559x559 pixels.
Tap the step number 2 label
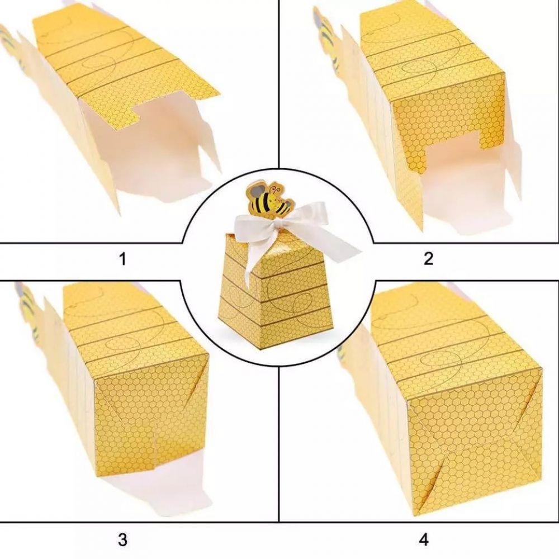(428, 258)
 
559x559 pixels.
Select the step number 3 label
(122, 540)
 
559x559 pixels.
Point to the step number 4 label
(424, 540)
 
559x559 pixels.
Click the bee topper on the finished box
(270, 200)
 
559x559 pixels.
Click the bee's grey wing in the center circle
(256, 191)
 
